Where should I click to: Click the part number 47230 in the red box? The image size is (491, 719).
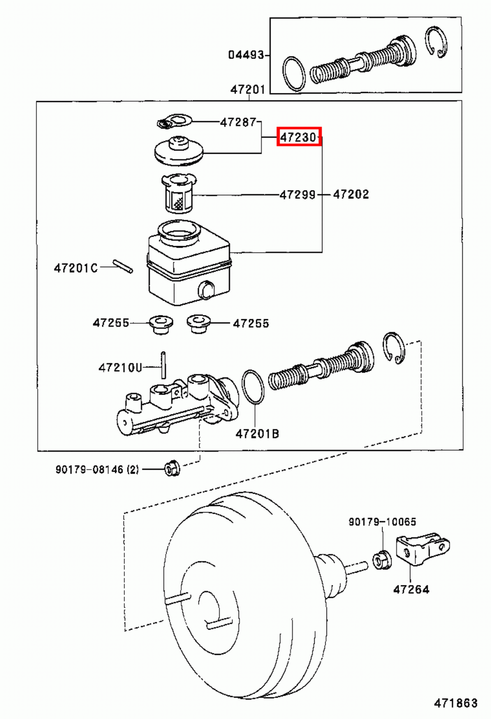(298, 137)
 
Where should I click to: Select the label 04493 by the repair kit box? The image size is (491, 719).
(245, 55)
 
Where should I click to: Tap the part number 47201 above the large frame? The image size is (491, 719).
(248, 89)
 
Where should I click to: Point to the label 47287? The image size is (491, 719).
(238, 122)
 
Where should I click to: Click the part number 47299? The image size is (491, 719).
(297, 195)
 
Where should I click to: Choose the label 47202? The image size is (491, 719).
(351, 194)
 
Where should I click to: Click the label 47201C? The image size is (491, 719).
(75, 268)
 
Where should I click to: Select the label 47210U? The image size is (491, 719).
(120, 368)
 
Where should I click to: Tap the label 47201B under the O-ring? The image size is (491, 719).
(257, 434)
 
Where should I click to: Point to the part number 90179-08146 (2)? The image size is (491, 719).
(97, 470)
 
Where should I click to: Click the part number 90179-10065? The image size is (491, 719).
(382, 522)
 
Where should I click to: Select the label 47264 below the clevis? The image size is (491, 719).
(411, 589)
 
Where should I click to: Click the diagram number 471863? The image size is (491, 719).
(455, 703)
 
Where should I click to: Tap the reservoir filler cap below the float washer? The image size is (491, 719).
(179, 151)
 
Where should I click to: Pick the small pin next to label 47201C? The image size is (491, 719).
(122, 266)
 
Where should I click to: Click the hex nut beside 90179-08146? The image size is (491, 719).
(171, 469)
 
